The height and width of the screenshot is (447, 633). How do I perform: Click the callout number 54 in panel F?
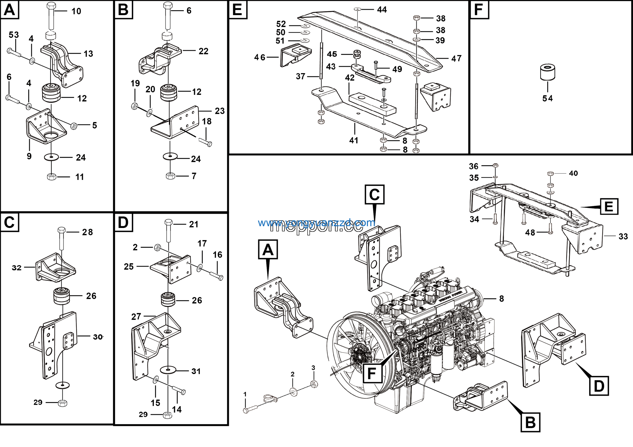coord(547,98)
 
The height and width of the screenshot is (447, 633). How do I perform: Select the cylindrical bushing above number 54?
coord(547,72)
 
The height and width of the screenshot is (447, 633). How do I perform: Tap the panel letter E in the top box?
coord(238,10)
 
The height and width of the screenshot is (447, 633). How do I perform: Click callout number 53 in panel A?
coord(14,35)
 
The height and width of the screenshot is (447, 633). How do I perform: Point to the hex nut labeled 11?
coord(52,177)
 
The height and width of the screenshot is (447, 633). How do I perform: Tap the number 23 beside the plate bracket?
coord(220,111)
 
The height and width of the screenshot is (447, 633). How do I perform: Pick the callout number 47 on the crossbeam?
coord(456,58)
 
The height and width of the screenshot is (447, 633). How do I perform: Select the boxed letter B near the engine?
coord(530,422)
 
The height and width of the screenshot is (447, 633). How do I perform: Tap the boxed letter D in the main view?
coord(599,386)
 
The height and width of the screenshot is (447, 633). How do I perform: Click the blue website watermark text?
coord(316,223)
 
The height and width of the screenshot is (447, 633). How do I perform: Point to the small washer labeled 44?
coord(357,9)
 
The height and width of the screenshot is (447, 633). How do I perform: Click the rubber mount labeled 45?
coord(357,54)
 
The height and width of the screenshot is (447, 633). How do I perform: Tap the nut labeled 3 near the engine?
coord(314,384)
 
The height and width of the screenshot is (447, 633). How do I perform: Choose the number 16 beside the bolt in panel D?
coord(217,255)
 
